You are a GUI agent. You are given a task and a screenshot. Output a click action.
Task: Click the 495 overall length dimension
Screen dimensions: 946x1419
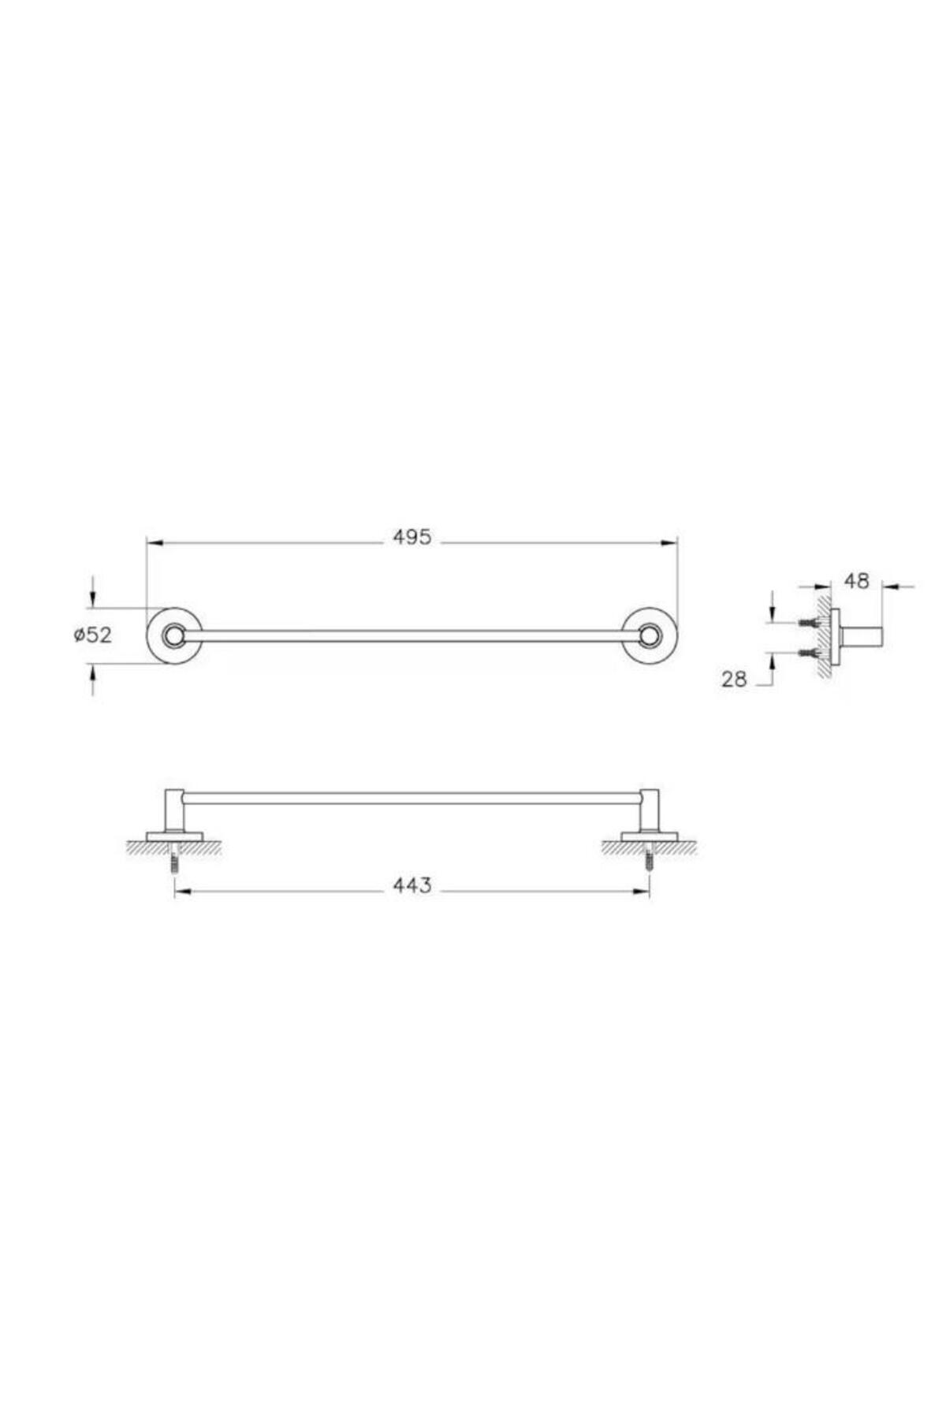[x=412, y=538]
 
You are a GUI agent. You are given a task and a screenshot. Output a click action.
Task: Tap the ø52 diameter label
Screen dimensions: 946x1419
[x=93, y=635]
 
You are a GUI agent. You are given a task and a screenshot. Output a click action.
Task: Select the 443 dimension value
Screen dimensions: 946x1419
[x=412, y=886]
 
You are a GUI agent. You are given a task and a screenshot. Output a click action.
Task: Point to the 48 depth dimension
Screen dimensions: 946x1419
[x=856, y=581]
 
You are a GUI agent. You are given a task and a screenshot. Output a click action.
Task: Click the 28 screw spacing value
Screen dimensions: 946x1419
[x=734, y=679]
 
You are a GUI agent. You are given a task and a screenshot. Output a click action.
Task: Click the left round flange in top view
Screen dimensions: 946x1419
[x=174, y=635]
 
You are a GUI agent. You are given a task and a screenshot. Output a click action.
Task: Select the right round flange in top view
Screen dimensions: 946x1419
[x=650, y=635]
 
